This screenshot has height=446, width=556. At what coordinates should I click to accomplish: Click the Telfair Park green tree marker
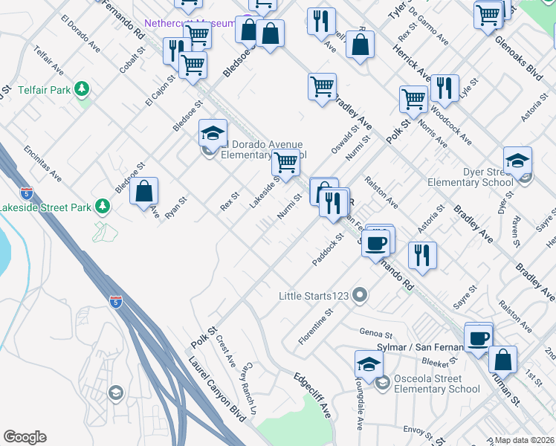coord(82,90)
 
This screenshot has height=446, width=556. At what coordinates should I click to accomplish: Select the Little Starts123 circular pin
coord(360,296)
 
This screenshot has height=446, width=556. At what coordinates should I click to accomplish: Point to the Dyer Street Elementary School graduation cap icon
coord(517,161)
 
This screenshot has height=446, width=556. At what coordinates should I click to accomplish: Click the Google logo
coord(25,437)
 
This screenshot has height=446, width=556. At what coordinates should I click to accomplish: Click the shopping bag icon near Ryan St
coord(144,191)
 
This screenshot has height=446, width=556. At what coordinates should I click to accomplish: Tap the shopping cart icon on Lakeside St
coord(285,162)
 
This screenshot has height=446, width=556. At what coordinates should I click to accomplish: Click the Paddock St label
coord(327,250)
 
